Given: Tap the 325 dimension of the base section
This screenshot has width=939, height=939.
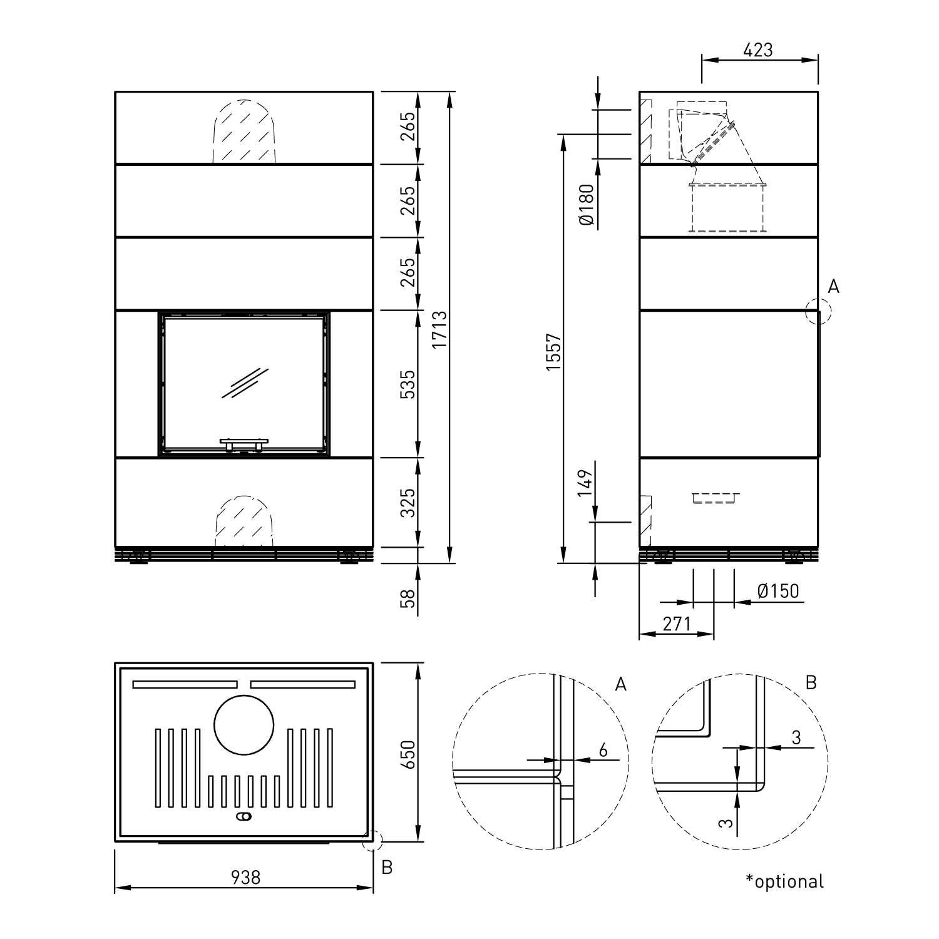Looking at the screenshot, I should click(408, 503).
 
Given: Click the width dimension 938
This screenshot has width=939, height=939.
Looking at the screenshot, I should click(245, 878).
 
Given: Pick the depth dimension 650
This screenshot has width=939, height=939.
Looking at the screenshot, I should click(408, 755).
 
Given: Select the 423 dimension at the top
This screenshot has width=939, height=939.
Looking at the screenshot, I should click(758, 50).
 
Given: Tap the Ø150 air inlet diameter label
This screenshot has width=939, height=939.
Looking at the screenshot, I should click(778, 591).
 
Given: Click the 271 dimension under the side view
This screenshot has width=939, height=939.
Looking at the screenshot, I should click(676, 624).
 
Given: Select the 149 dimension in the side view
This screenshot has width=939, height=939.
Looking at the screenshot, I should click(585, 483).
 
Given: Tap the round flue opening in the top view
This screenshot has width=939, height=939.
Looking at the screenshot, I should click(244, 726).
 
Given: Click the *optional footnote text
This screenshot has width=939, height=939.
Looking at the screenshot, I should click(784, 881).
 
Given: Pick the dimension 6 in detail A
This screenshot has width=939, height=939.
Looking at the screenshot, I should click(603, 750).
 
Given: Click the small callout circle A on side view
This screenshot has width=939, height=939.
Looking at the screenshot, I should click(818, 311).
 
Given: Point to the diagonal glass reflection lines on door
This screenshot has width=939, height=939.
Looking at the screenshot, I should click(245, 382).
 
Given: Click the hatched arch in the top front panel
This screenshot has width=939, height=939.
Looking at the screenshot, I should click(244, 133).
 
